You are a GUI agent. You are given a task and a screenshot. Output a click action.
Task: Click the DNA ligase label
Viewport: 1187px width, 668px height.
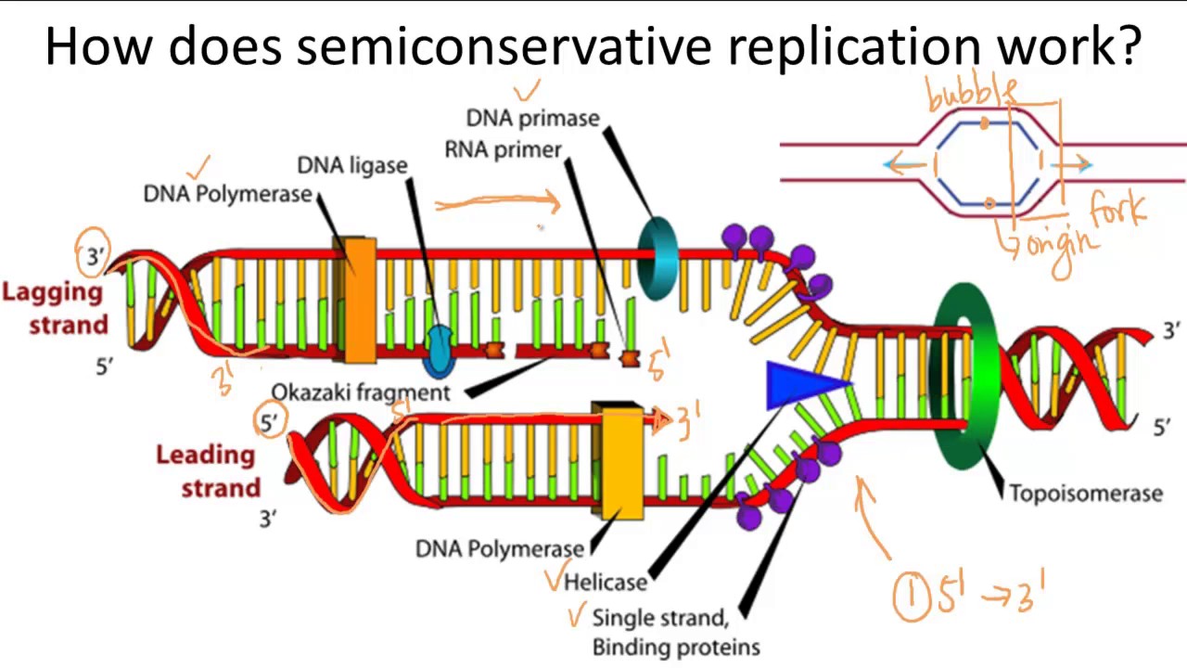pyautogui.click(x=351, y=165)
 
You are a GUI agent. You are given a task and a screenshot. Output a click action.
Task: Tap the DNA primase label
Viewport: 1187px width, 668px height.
pyautogui.click(x=532, y=118)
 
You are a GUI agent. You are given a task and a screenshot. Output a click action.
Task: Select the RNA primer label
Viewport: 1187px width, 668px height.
pyautogui.click(x=503, y=150)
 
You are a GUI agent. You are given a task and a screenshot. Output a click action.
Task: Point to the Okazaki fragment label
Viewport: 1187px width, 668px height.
pyautogui.click(x=361, y=392)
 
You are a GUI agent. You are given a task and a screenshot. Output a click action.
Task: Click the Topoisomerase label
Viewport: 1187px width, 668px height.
pyautogui.click(x=1085, y=494)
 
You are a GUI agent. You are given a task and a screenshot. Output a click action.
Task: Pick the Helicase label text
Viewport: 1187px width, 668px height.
pyautogui.click(x=606, y=582)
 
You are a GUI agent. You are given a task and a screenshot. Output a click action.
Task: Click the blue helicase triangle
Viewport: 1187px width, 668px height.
pyautogui.click(x=803, y=385)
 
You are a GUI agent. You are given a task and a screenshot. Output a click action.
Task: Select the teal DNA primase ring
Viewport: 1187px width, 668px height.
pyautogui.click(x=657, y=257)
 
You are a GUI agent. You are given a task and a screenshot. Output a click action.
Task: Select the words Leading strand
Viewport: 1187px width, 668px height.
pyautogui.click(x=205, y=471)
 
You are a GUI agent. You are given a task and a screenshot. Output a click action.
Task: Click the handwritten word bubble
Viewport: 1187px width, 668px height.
pyautogui.click(x=971, y=95)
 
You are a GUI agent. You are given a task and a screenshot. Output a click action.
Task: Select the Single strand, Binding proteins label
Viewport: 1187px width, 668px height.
pyautogui.click(x=675, y=632)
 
